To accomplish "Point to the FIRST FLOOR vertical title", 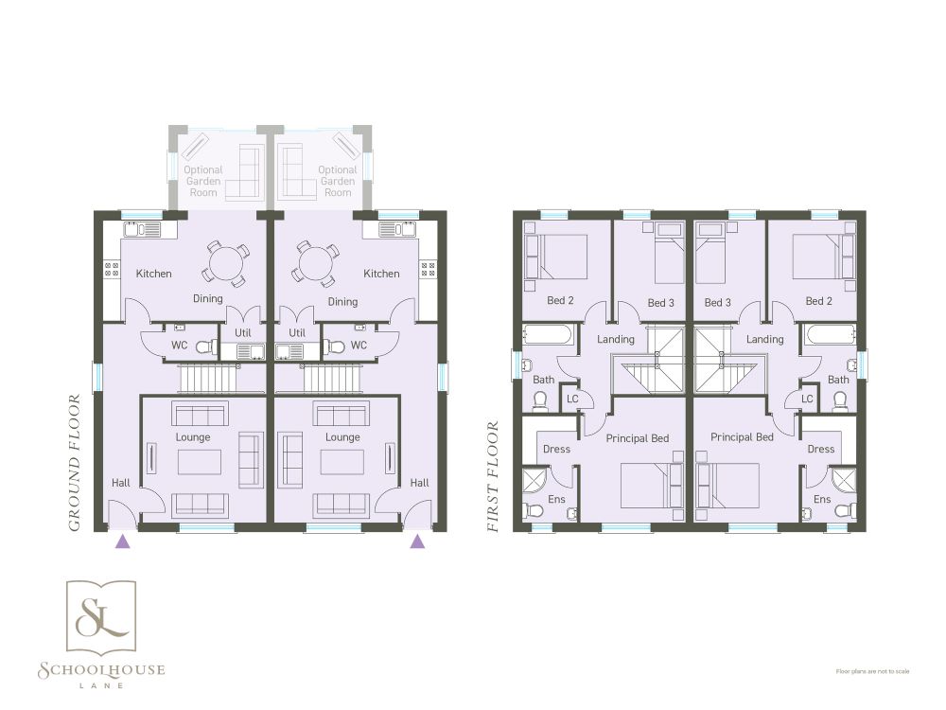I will [x=492, y=477].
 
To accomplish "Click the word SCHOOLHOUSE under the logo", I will [x=101, y=670].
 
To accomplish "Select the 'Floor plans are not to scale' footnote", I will [x=872, y=672].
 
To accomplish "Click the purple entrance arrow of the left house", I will [x=122, y=541].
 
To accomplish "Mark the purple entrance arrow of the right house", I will [x=417, y=541].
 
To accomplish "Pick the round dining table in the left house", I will [x=228, y=262].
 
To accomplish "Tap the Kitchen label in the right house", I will [x=381, y=274].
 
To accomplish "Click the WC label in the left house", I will [x=179, y=345].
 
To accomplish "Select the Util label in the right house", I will [x=297, y=333].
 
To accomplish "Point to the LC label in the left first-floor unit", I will [x=572, y=399].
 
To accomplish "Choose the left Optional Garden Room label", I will [x=203, y=182].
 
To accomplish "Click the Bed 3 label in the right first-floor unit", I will [x=718, y=303].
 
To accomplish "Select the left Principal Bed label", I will [x=637, y=437].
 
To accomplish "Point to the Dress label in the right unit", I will [x=821, y=449].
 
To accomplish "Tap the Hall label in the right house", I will [x=419, y=483].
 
